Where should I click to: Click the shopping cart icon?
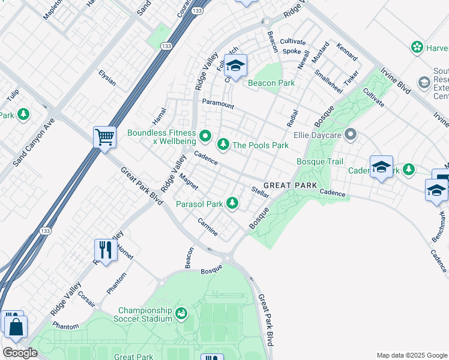(x=104, y=137)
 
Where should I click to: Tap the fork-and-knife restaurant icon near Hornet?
(x=106, y=250)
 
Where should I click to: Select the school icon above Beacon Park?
(x=235, y=66)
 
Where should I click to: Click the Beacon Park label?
(x=272, y=83)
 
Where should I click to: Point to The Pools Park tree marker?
(x=223, y=144)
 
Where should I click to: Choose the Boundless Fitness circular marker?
(x=205, y=137)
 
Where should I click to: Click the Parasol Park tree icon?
(x=232, y=205)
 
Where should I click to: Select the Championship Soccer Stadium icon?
(x=181, y=313)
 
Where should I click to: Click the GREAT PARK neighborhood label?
(x=290, y=186)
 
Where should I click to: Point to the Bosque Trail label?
(x=320, y=162)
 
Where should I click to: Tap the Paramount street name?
(x=218, y=104)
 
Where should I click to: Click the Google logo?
(x=20, y=353)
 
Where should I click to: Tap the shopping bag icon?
(x=15, y=327)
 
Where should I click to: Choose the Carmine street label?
(x=208, y=226)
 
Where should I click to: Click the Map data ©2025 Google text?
(x=411, y=355)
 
